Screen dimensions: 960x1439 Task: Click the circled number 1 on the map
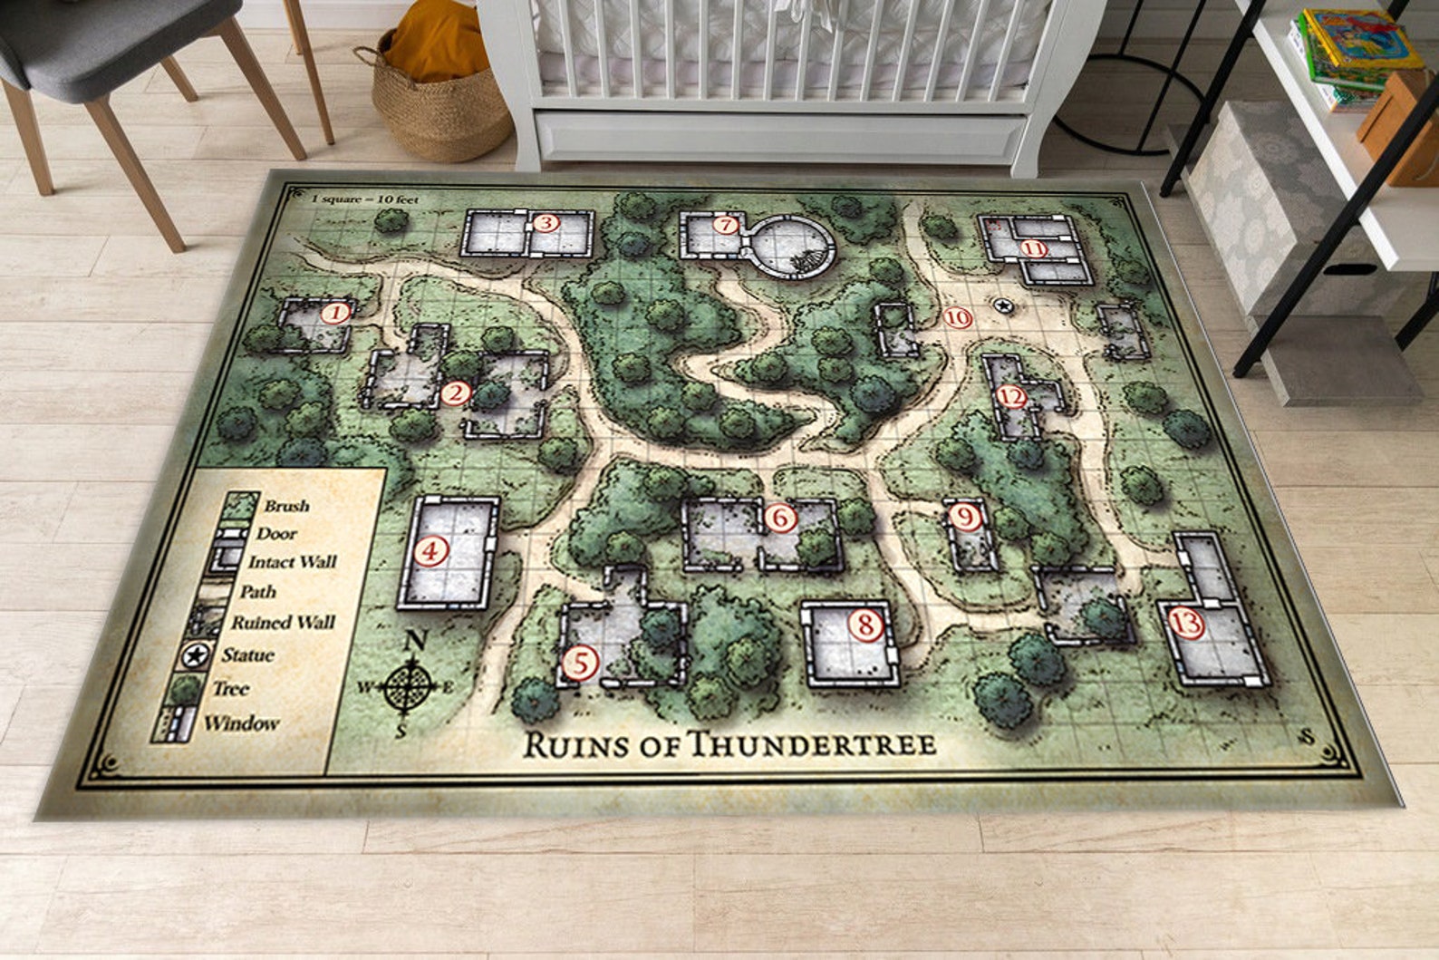point(336,315)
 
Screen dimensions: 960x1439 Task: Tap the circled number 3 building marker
point(546,223)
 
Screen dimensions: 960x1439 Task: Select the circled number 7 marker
point(724,225)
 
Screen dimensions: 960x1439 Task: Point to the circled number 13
point(1187,623)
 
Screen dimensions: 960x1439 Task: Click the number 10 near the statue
point(958,318)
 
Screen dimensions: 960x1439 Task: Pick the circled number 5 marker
point(580,663)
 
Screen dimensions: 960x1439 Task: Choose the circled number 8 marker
point(865,625)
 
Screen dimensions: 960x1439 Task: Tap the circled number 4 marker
point(431,551)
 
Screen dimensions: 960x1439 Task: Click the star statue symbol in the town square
point(1003,306)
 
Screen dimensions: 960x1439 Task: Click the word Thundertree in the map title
point(813,744)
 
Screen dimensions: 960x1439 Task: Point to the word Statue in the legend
point(247,655)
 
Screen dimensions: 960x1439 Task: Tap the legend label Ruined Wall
point(283,623)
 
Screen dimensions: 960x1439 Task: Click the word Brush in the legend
point(286,506)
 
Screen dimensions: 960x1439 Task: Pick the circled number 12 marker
point(1011,397)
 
